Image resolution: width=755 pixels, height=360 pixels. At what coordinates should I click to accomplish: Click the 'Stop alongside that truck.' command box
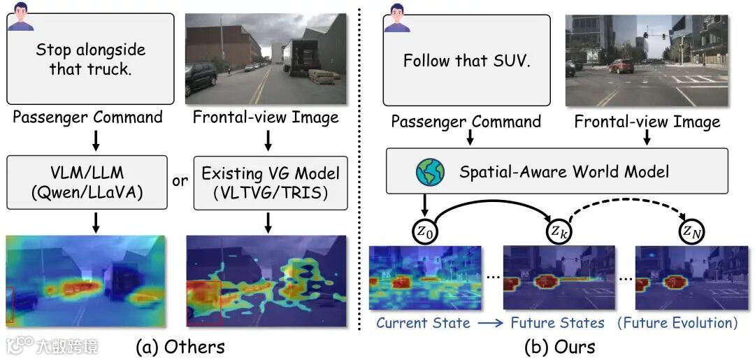90,59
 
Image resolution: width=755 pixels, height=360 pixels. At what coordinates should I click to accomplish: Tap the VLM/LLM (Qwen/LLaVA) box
87,182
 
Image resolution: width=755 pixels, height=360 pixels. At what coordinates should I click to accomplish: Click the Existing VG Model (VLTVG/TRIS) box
270,182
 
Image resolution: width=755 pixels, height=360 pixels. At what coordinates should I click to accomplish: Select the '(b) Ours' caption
559,346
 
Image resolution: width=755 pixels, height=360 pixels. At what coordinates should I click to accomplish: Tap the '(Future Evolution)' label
677,323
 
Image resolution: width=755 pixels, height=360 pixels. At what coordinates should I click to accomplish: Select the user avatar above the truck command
21,15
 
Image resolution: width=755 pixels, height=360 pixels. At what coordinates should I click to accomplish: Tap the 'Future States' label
557,323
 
